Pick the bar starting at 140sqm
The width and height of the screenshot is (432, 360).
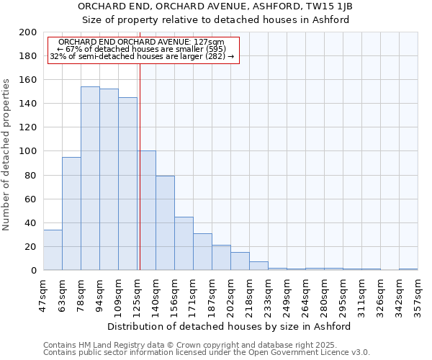[x=165, y=223]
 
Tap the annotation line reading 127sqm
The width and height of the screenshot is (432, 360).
[x=142, y=42]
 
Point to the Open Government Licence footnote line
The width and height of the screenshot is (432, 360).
[x=207, y=353]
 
